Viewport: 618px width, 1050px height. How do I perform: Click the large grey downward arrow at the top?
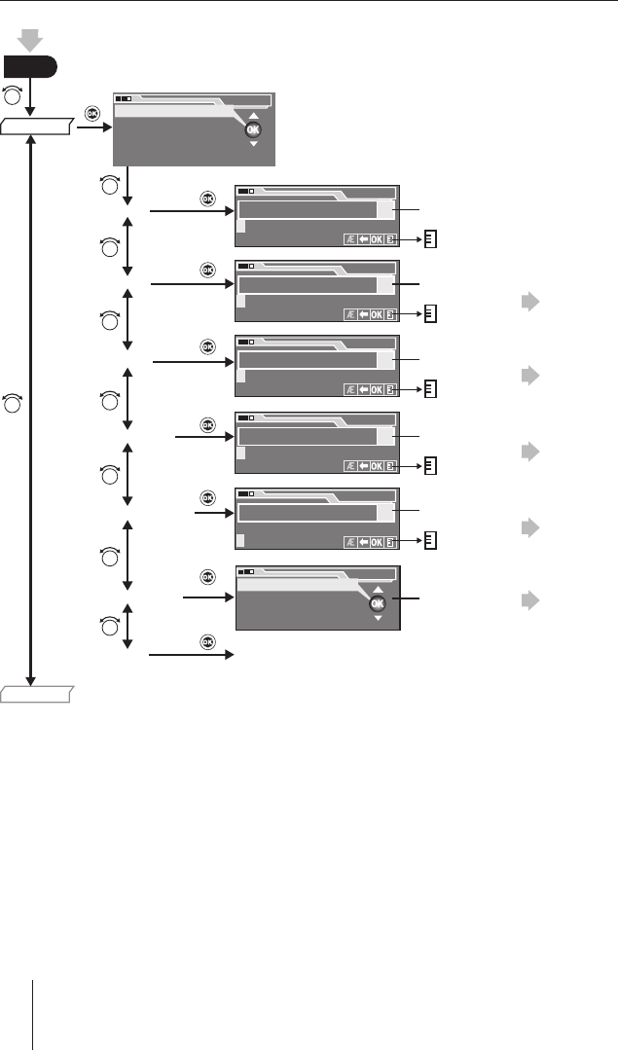29,40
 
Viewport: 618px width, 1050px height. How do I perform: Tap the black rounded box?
30,67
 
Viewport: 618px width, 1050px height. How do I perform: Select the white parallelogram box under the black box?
36,126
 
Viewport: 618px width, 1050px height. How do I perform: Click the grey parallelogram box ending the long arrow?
36,695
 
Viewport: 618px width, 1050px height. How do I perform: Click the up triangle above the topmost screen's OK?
253,116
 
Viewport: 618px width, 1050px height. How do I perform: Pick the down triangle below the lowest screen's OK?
378,618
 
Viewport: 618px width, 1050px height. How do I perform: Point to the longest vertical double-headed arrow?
30,410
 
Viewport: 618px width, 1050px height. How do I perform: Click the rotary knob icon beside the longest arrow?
13,403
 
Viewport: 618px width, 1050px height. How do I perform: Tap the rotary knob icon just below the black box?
13,95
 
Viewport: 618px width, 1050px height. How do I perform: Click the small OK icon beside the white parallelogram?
91,114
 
